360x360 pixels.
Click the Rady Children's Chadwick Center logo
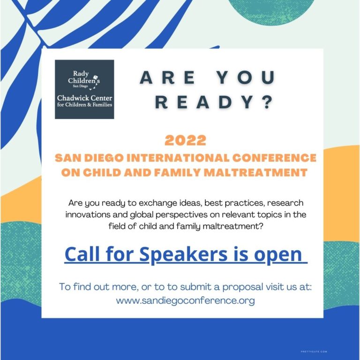click(x=84, y=89)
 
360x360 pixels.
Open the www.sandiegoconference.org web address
click(x=186, y=300)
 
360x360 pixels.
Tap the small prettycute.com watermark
click(x=314, y=351)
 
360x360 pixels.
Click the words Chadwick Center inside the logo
click(x=84, y=98)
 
